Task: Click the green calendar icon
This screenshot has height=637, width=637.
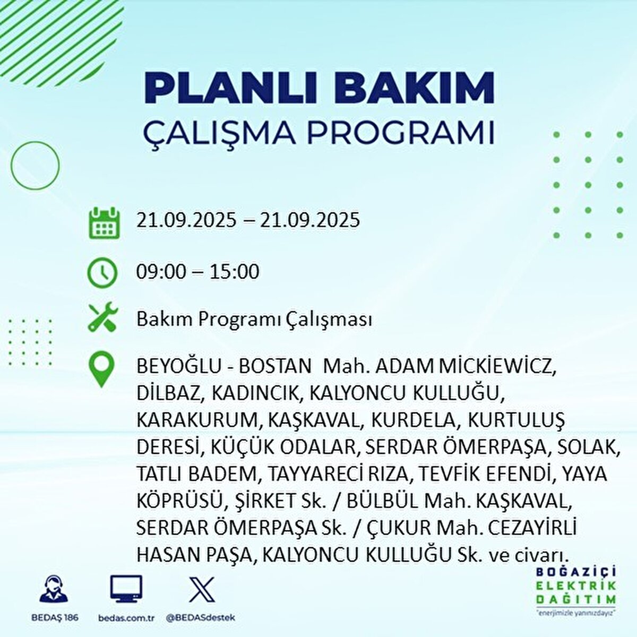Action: pyautogui.click(x=104, y=223)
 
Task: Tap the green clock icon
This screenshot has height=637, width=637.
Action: pyautogui.click(x=102, y=272)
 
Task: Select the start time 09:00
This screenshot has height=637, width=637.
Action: pyautogui.click(x=161, y=272)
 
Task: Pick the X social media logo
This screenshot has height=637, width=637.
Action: pyautogui.click(x=201, y=589)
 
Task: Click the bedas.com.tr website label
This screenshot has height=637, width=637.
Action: pyautogui.click(x=124, y=617)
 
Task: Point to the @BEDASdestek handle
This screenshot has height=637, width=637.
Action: pyautogui.click(x=201, y=617)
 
